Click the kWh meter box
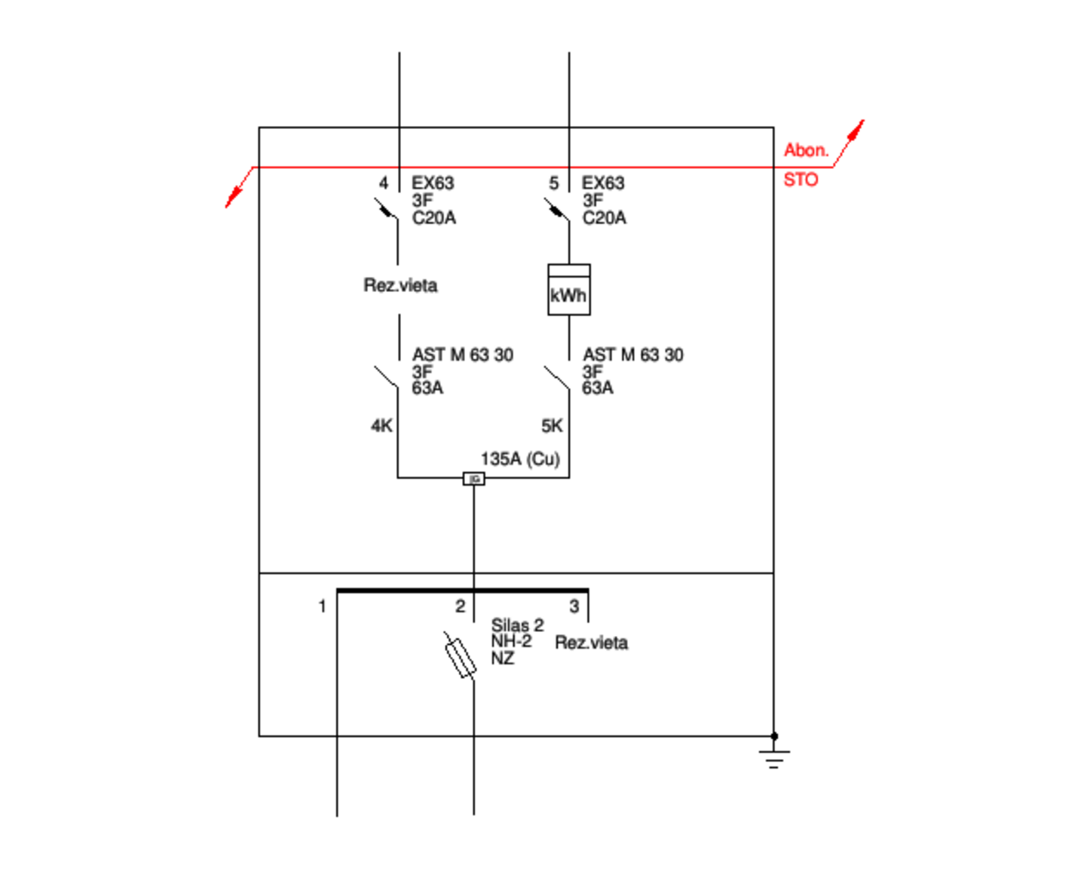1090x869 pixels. [x=568, y=290]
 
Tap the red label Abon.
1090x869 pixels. [x=805, y=150]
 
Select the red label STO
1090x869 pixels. [x=801, y=180]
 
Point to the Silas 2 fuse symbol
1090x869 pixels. [x=460, y=656]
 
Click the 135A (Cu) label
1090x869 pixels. [x=520, y=459]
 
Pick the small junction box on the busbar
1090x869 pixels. [x=473, y=479]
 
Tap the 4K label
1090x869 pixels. [x=381, y=426]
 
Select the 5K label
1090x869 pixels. [x=552, y=426]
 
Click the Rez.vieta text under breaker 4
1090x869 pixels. [x=400, y=285]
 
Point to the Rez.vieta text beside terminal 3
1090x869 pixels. [x=591, y=643]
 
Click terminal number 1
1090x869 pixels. [x=322, y=606]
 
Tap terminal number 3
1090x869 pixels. [x=574, y=606]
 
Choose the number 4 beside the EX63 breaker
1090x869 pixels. [x=384, y=183]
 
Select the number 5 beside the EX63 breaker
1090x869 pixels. [x=554, y=183]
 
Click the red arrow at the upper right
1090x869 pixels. [x=855, y=131]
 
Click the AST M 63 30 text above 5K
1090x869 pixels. [x=633, y=355]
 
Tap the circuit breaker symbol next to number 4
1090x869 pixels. [x=387, y=209]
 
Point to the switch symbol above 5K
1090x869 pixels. [x=558, y=377]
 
